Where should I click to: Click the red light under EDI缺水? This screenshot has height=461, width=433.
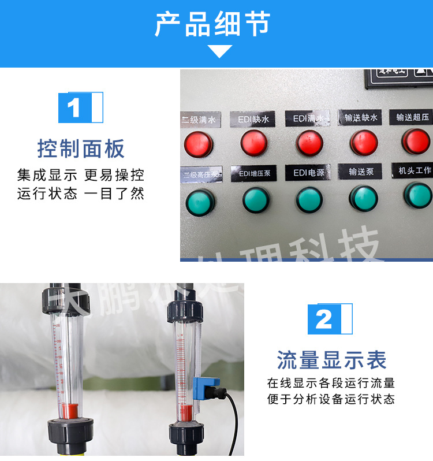254,143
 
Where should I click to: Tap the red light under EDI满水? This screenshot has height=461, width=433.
309,143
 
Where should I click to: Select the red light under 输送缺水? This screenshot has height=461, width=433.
364,142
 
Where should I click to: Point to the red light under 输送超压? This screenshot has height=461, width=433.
416,140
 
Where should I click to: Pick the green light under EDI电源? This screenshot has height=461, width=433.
309,200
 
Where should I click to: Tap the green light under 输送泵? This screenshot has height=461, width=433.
363,198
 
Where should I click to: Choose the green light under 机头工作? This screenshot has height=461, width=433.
417,195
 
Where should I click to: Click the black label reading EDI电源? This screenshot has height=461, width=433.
309,173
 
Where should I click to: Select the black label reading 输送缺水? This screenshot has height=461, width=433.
361,117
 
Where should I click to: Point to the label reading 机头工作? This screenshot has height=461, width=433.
411,170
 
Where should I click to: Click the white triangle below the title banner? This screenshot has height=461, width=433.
220,51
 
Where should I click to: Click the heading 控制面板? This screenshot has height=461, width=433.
81,148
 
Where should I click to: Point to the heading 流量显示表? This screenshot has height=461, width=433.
331,360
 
